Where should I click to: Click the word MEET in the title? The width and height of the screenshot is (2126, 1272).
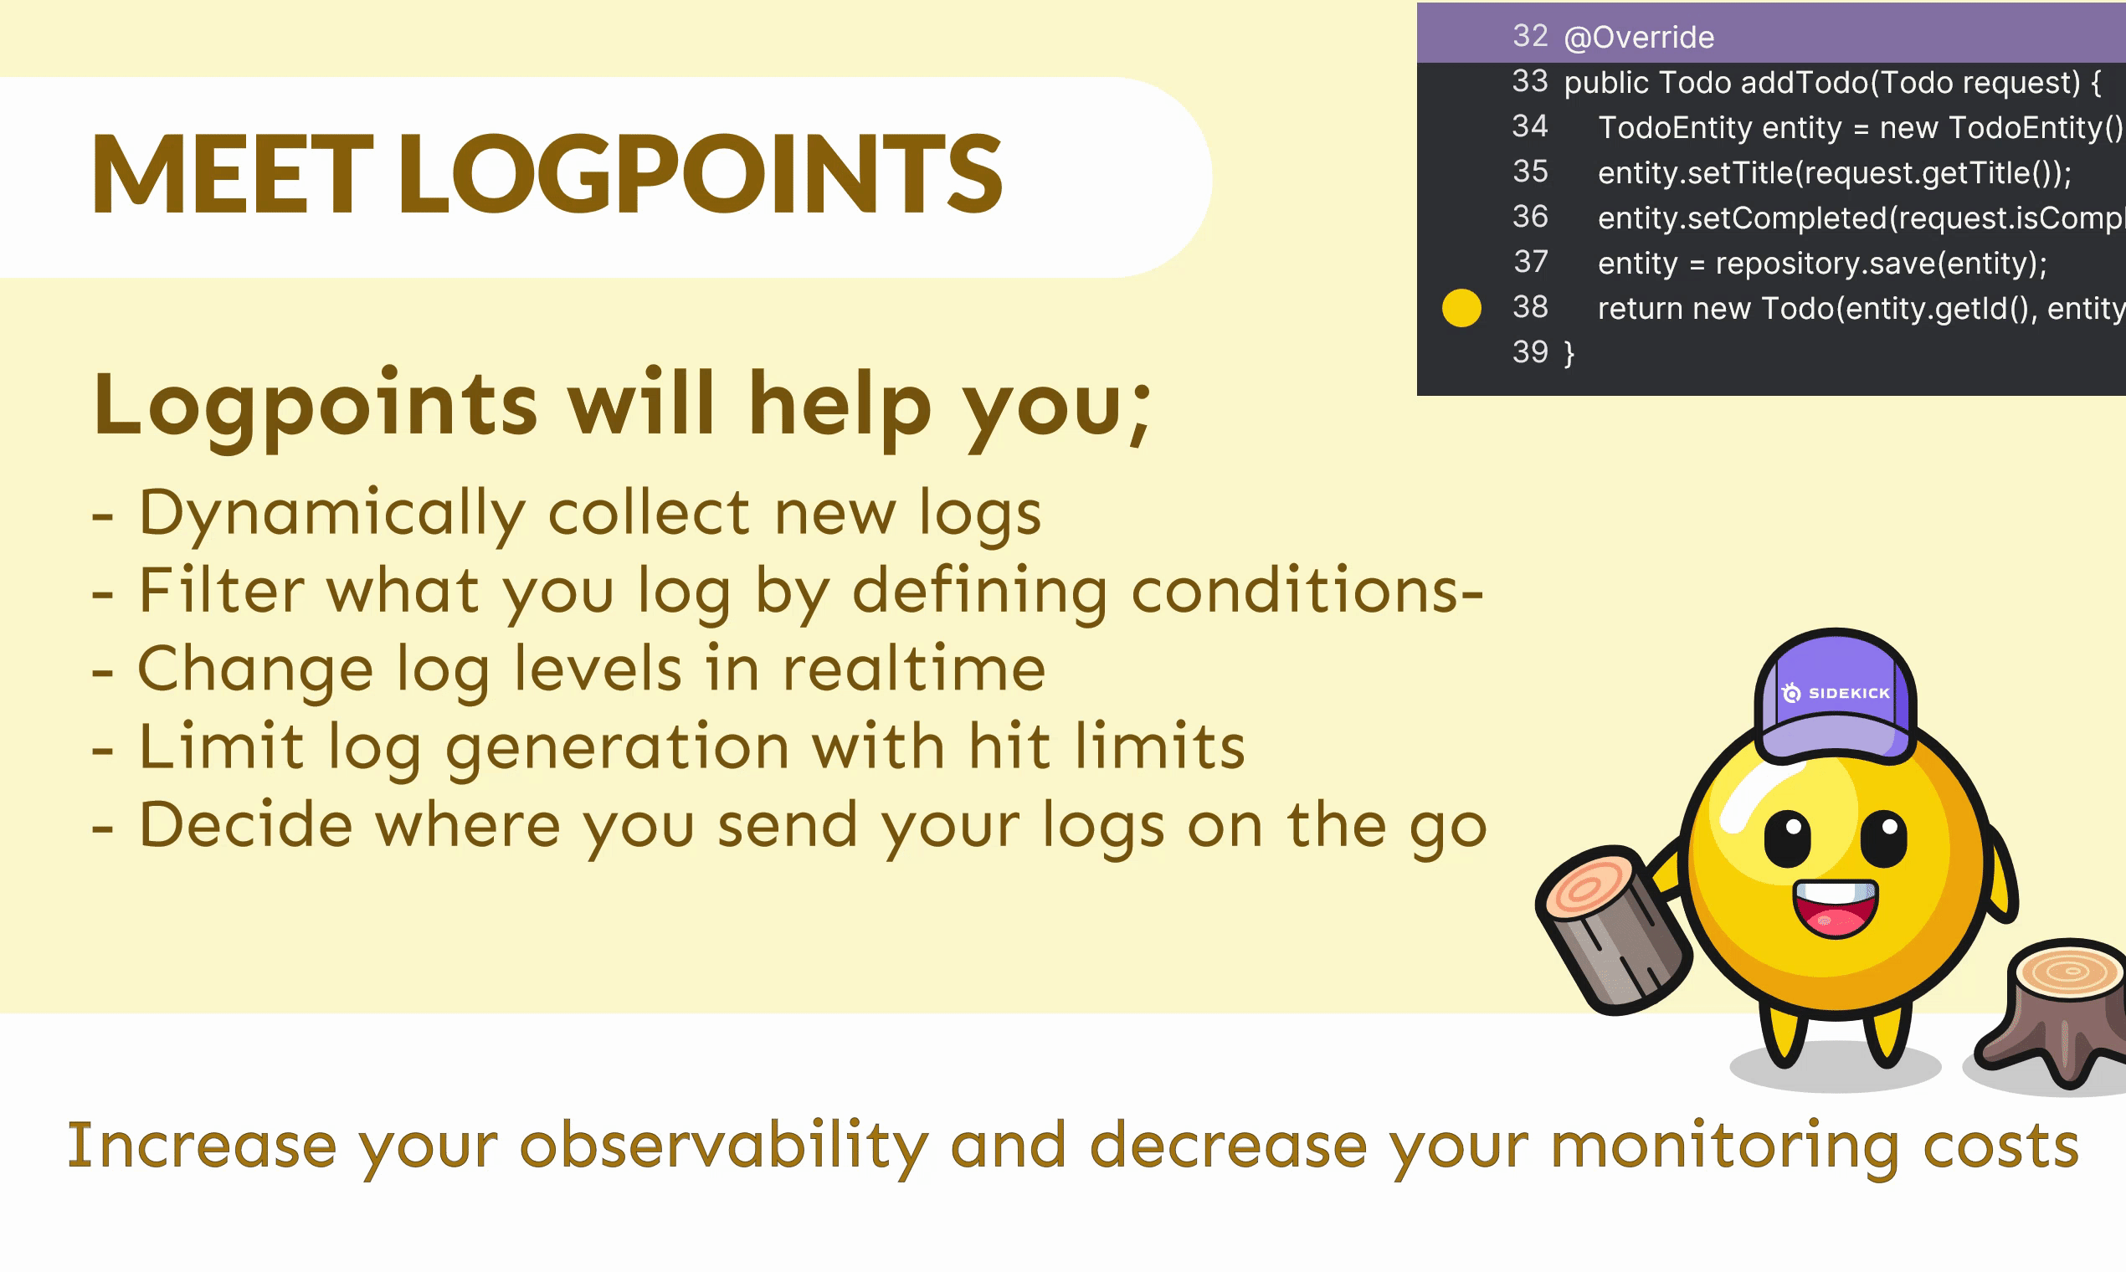point(233,174)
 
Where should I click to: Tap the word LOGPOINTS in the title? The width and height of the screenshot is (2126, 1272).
point(700,174)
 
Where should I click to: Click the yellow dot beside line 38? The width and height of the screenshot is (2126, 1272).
point(1461,308)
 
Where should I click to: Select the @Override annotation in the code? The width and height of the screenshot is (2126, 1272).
point(1639,38)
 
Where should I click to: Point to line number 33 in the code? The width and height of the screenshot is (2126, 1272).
point(1530,81)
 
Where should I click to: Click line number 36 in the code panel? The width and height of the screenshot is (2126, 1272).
point(1530,217)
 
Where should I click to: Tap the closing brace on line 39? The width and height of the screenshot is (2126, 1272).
point(1569,353)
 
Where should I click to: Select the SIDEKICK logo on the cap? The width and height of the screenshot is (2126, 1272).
point(1836,693)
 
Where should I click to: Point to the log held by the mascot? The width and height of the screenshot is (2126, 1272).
point(1611,930)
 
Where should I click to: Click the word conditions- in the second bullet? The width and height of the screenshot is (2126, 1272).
point(1307,591)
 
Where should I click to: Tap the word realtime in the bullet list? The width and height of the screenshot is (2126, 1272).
point(914,669)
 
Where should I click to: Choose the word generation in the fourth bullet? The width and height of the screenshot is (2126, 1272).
point(617,748)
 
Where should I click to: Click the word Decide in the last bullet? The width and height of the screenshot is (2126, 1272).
point(246,824)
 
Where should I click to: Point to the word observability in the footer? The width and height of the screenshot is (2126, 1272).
point(724,1146)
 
